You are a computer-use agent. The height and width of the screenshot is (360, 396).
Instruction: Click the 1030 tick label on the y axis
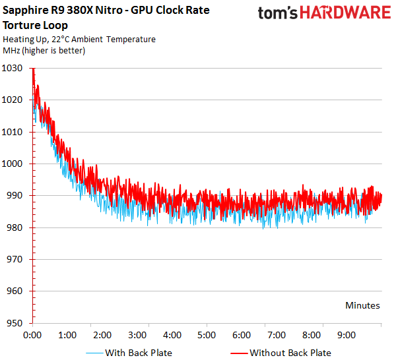point(13,68)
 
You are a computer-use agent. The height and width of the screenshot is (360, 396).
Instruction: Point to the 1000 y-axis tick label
point(13,164)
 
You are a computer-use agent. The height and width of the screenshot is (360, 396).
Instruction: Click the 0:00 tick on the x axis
point(33,335)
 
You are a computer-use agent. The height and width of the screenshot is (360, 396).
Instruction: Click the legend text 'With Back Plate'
point(139,353)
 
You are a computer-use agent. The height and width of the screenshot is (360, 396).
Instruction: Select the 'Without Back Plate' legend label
point(290,353)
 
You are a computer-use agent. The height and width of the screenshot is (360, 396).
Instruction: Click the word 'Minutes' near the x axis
point(362,305)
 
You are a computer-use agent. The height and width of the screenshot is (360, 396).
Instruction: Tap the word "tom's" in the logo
point(276,15)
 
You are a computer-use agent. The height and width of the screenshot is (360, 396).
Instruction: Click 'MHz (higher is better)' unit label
point(44,50)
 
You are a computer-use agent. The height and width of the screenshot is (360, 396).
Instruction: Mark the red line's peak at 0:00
point(33,69)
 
